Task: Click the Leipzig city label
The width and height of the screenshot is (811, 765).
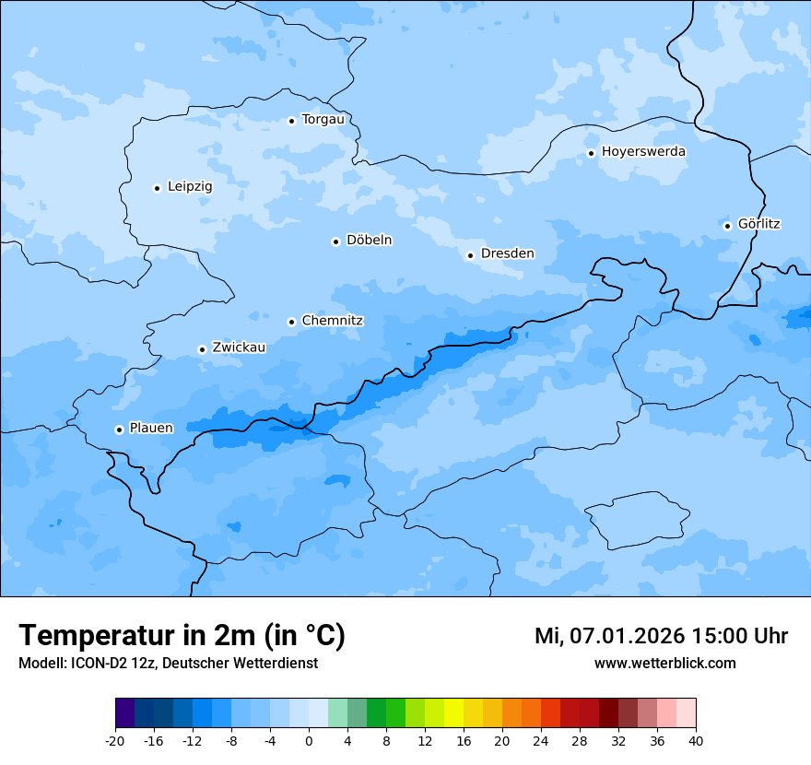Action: pyautogui.click(x=190, y=186)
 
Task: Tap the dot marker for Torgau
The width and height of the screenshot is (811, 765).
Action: pyautogui.click(x=291, y=121)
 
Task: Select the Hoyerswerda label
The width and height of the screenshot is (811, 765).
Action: pyautogui.click(x=643, y=151)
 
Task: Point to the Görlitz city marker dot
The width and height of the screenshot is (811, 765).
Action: pyautogui.click(x=727, y=226)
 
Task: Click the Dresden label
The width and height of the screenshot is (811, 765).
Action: pyautogui.click(x=507, y=253)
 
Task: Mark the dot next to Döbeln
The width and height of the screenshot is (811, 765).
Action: pyautogui.click(x=335, y=241)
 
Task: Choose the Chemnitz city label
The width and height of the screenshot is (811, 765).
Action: pyautogui.click(x=332, y=321)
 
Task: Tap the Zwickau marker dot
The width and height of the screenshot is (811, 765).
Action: pyautogui.click(x=202, y=349)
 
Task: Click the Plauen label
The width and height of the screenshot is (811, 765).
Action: pyautogui.click(x=151, y=428)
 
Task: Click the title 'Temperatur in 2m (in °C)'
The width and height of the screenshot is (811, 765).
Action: pyautogui.click(x=182, y=635)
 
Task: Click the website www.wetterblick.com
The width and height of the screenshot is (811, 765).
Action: pyautogui.click(x=664, y=664)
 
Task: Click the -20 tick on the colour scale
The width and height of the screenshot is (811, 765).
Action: pyautogui.click(x=115, y=741)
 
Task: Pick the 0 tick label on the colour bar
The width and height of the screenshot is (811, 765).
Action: pyautogui.click(x=309, y=741)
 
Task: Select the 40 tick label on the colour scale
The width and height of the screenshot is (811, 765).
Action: pyautogui.click(x=696, y=741)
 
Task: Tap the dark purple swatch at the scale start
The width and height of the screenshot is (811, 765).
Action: pyautogui.click(x=124, y=712)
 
